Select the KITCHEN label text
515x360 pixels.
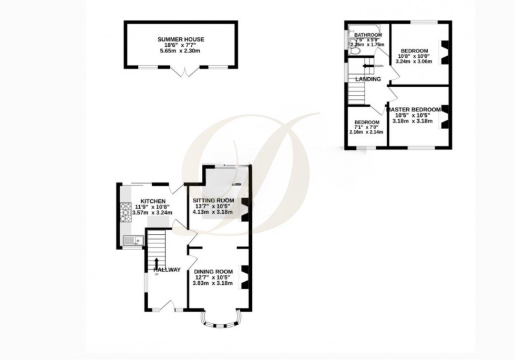click(x=152, y=201)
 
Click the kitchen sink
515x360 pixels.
click(x=132, y=241)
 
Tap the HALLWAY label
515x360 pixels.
click(x=167, y=270)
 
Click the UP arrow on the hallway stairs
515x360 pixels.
click(x=156, y=263)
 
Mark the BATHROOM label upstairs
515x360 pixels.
click(x=368, y=35)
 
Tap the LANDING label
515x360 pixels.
click(x=367, y=79)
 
